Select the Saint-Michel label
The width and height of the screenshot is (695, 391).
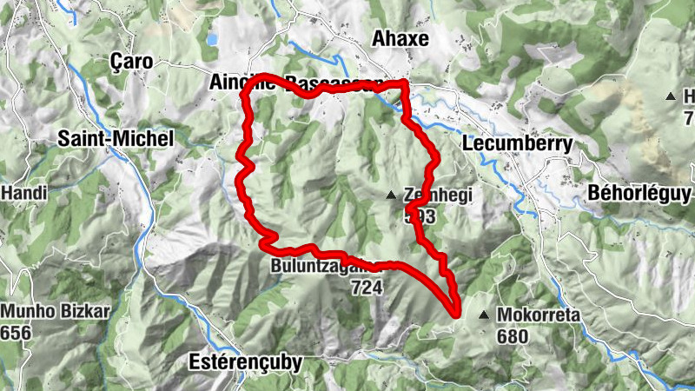[x=116, y=138]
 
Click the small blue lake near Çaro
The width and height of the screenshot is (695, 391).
[x=212, y=39]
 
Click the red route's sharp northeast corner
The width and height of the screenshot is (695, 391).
[x=406, y=83]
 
